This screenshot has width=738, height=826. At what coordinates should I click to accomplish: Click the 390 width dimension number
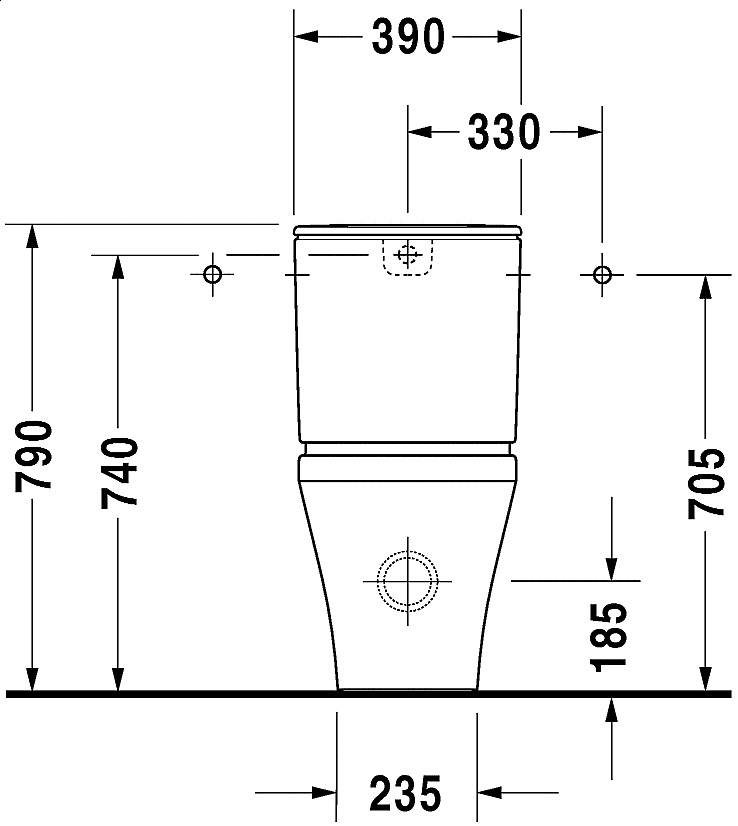coord(407,37)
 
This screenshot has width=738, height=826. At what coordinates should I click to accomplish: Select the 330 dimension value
coord(504,132)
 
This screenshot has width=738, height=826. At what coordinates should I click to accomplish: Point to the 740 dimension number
coord(119,472)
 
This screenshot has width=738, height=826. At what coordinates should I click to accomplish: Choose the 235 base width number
coord(406,794)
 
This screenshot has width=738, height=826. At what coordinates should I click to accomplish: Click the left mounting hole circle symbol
coord(212,274)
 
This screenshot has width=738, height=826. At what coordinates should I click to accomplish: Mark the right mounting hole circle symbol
coord(601,274)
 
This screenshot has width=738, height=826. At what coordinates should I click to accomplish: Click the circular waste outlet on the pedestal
coord(407,580)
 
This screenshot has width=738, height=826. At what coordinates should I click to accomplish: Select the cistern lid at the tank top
coord(407,232)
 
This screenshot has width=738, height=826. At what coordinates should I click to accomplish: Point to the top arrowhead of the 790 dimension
coord(33,236)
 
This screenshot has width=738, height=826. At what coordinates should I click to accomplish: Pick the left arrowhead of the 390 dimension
coord(304,37)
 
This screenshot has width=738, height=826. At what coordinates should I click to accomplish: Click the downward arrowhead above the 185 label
coord(610,569)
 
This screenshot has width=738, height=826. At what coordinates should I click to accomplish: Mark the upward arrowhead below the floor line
coord(610,708)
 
